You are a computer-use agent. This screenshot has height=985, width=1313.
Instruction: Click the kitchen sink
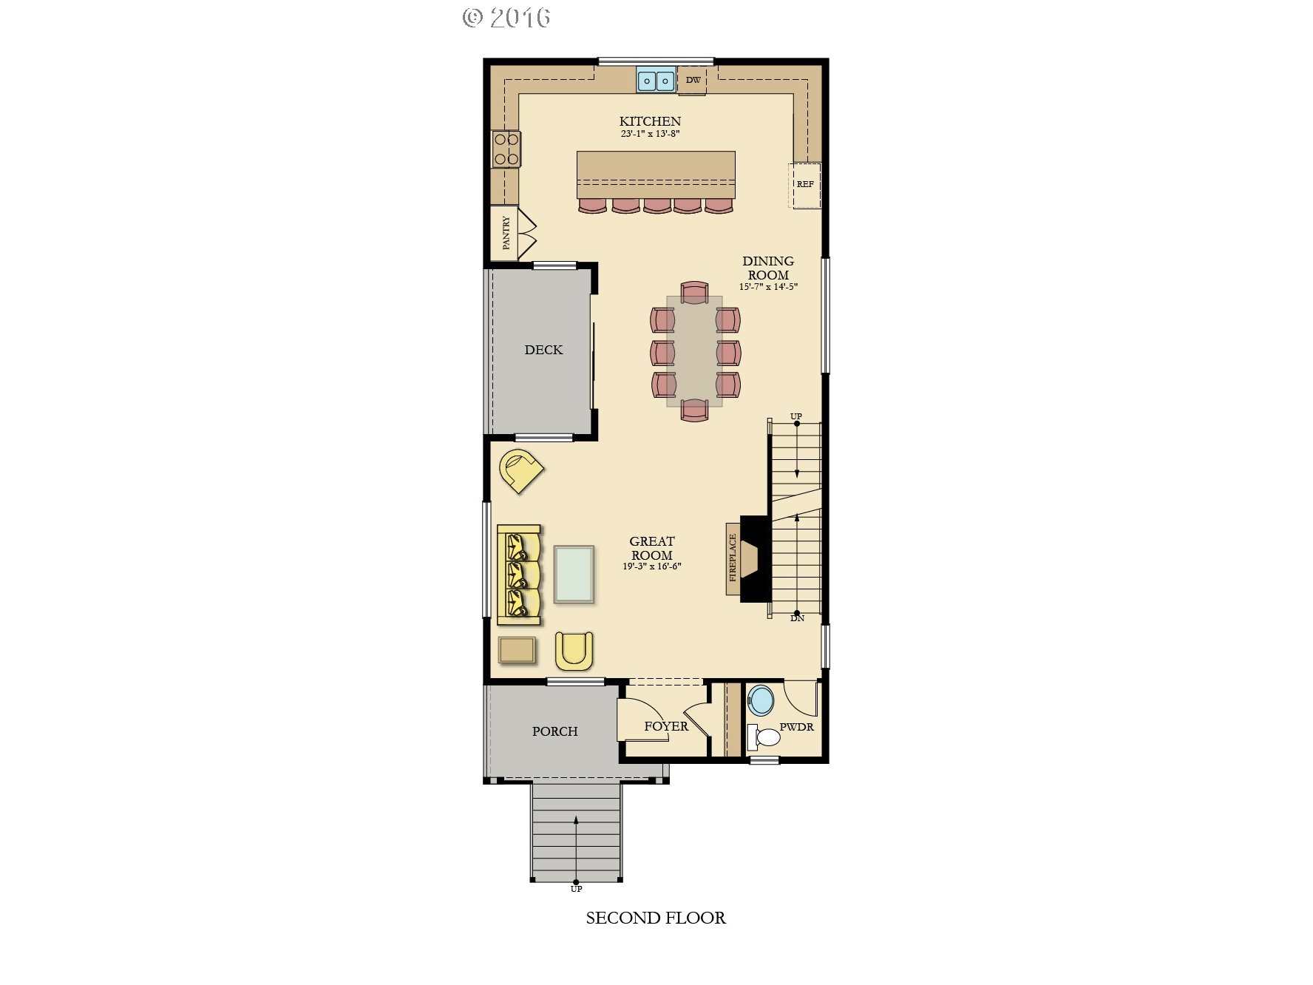tap(656, 80)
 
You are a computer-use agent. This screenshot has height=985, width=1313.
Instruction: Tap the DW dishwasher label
tap(693, 80)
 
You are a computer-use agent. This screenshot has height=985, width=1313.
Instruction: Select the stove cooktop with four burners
tap(506, 149)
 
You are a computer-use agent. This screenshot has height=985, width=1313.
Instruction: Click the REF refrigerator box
tap(804, 184)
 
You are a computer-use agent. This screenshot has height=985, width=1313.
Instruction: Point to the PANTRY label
tap(506, 233)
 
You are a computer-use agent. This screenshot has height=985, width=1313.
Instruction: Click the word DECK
tap(543, 350)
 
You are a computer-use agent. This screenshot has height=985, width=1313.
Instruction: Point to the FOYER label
tap(666, 726)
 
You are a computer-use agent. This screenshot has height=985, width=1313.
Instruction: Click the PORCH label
tap(554, 731)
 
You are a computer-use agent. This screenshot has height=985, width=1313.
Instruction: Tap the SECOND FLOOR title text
tap(656, 918)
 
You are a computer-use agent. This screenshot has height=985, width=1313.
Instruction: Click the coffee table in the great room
tap(573, 575)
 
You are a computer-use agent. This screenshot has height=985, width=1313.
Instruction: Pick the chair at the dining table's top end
tap(695, 293)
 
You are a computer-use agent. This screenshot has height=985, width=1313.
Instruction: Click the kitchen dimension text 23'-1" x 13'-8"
tap(650, 135)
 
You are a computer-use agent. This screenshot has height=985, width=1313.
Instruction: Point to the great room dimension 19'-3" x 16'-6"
tap(651, 567)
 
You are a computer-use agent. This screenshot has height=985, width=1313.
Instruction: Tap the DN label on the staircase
tap(797, 617)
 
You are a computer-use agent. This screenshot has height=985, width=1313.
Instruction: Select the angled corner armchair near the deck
tap(521, 470)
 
